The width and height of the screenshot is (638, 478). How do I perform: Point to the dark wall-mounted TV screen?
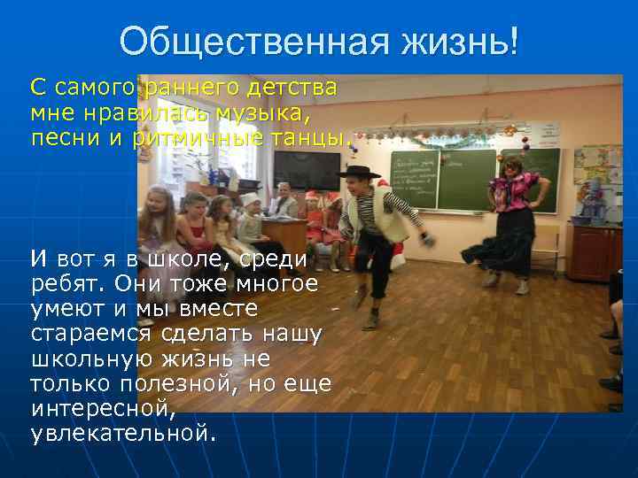point(307,170)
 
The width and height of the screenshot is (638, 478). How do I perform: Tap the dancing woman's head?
point(512,166)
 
